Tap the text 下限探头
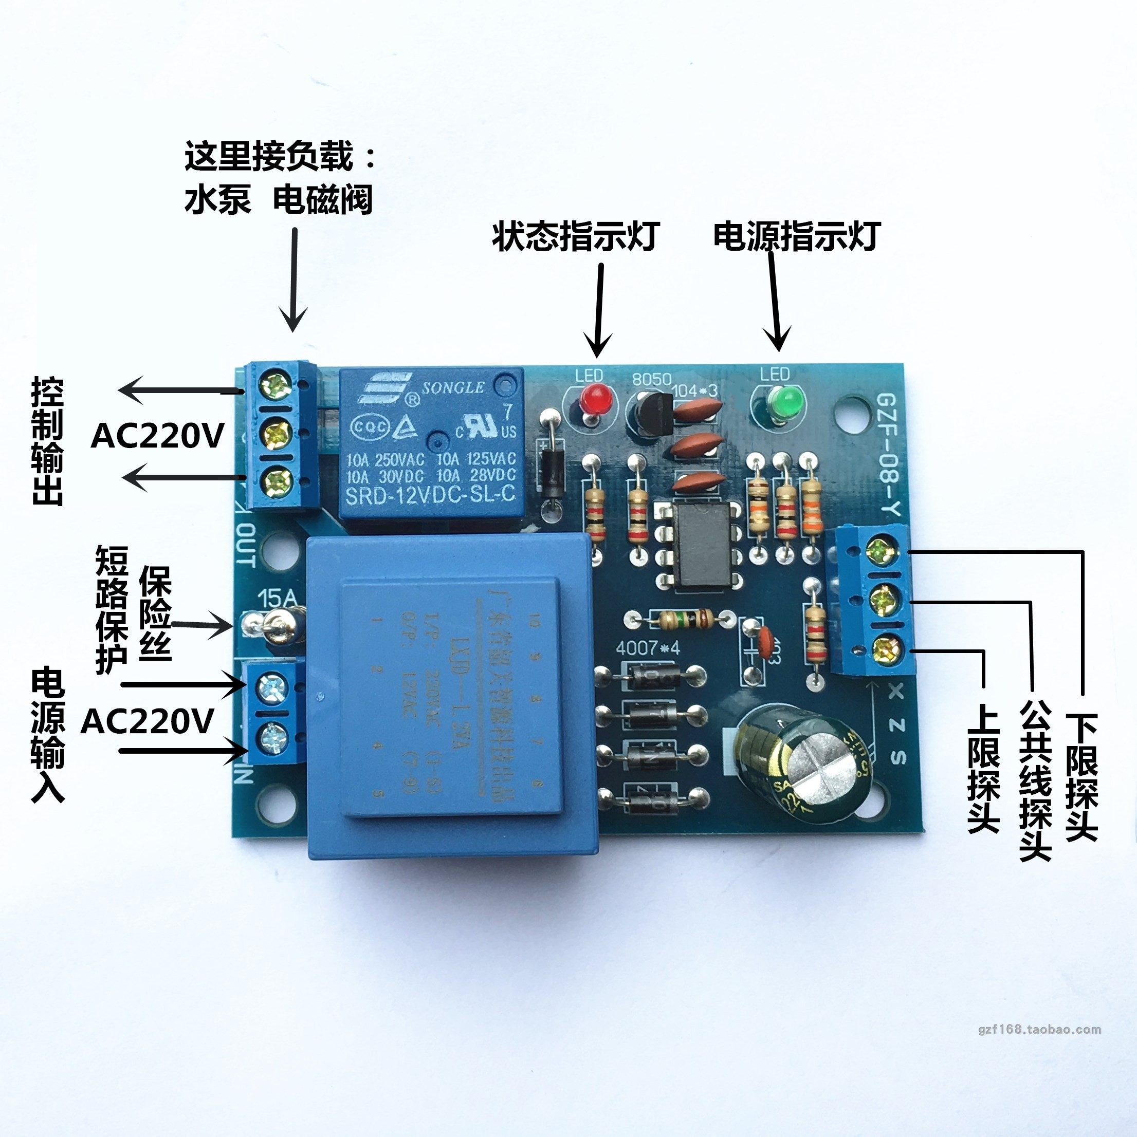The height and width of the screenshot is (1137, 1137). [1081, 777]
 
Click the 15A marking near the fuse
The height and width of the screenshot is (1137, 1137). [278, 600]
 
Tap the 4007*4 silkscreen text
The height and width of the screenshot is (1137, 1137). [648, 648]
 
